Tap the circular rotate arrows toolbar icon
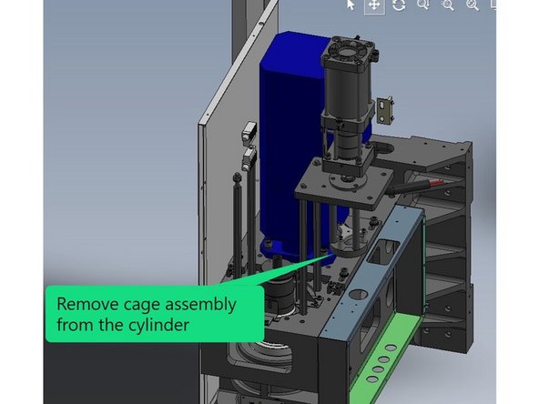pyautogui.click(x=399, y=5)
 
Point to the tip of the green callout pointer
pyautogui.click(x=321, y=257)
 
